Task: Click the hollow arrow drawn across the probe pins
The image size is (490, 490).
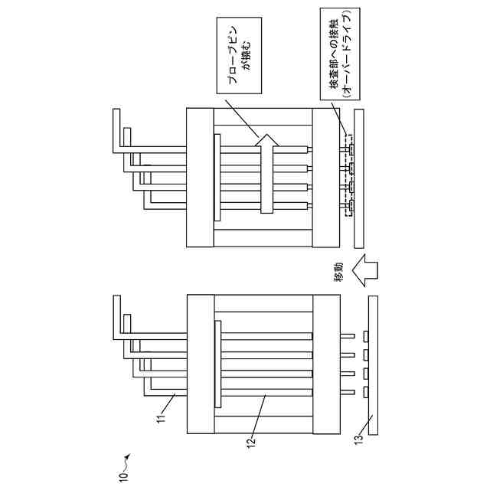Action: (x=266, y=172)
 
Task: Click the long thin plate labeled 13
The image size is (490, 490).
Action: (x=374, y=366)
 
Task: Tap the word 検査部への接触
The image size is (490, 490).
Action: (x=335, y=57)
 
